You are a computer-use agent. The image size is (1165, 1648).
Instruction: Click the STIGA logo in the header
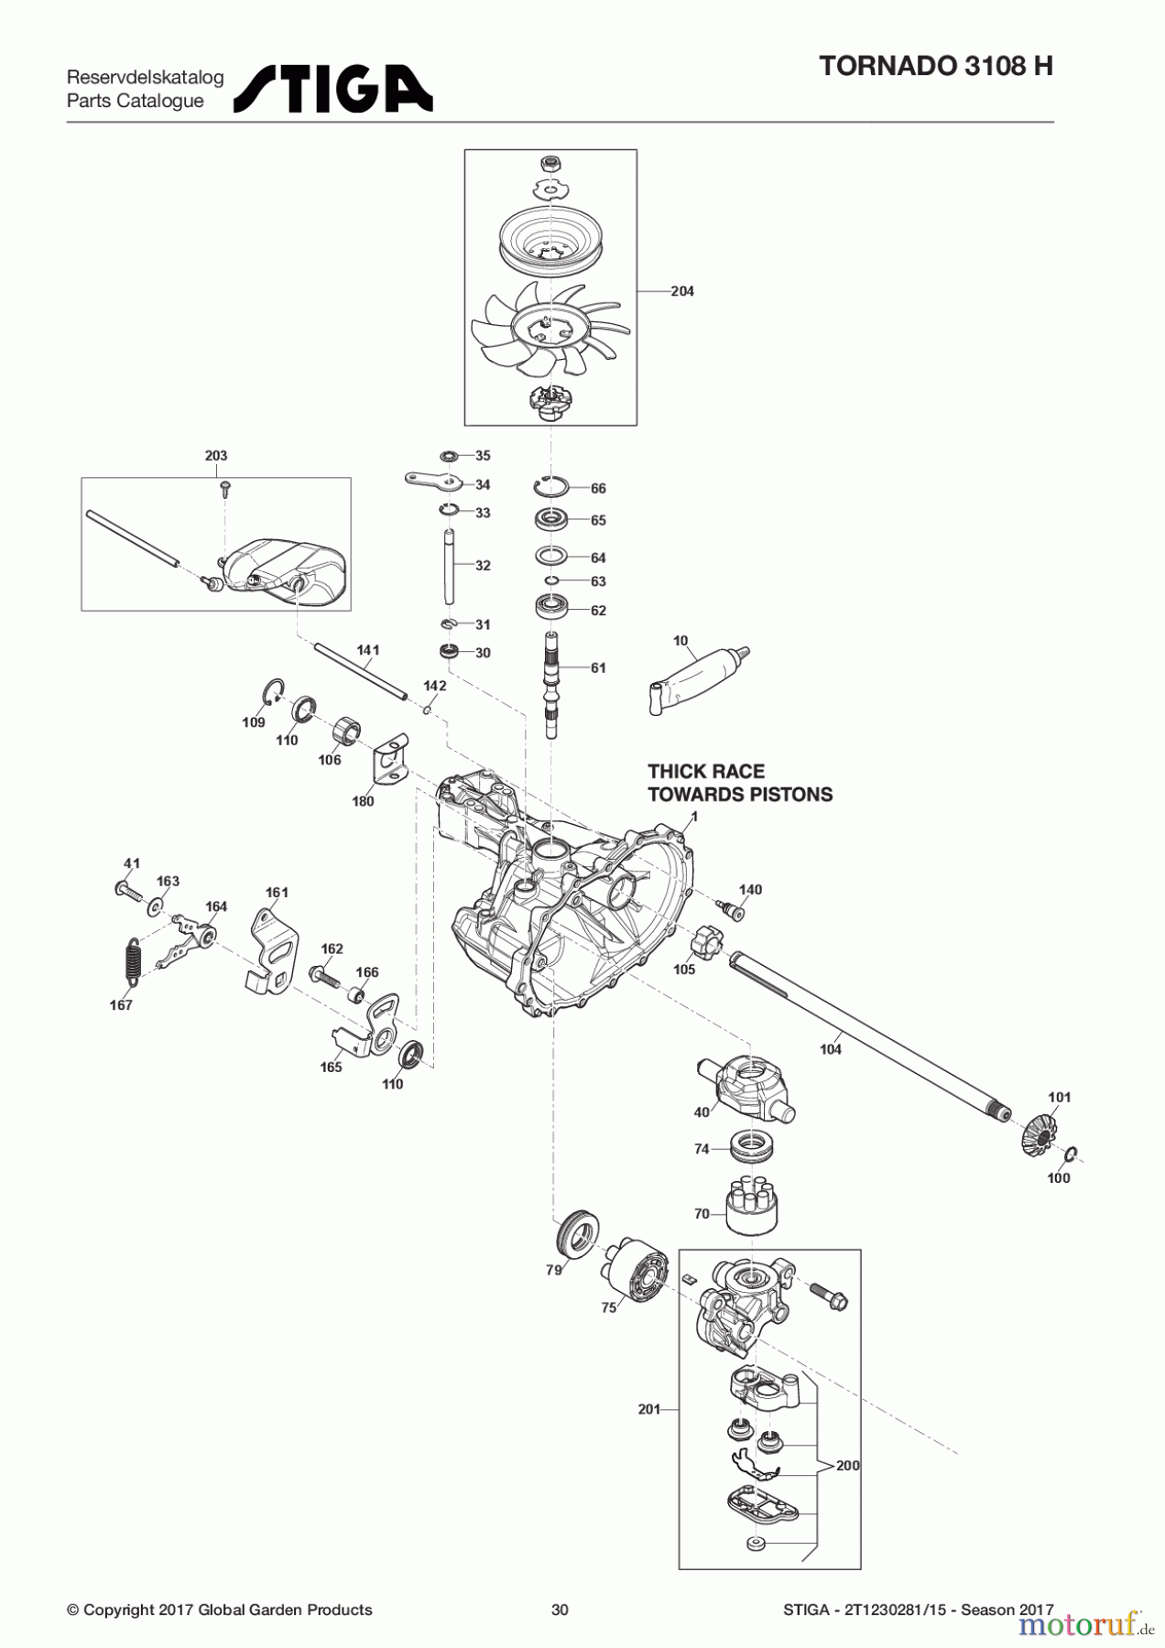(x=333, y=88)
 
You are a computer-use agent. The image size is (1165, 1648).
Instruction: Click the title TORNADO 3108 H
(x=935, y=66)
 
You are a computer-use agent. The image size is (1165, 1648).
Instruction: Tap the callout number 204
(x=682, y=291)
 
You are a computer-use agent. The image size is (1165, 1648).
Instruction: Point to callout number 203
(x=216, y=455)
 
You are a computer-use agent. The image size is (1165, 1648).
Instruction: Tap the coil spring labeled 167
(x=134, y=962)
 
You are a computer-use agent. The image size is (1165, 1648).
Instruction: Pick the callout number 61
(x=598, y=667)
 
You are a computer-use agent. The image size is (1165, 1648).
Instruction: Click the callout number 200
(x=848, y=1465)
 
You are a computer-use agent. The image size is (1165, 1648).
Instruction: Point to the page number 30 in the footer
(x=560, y=1610)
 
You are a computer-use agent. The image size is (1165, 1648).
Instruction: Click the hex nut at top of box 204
(x=551, y=165)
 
